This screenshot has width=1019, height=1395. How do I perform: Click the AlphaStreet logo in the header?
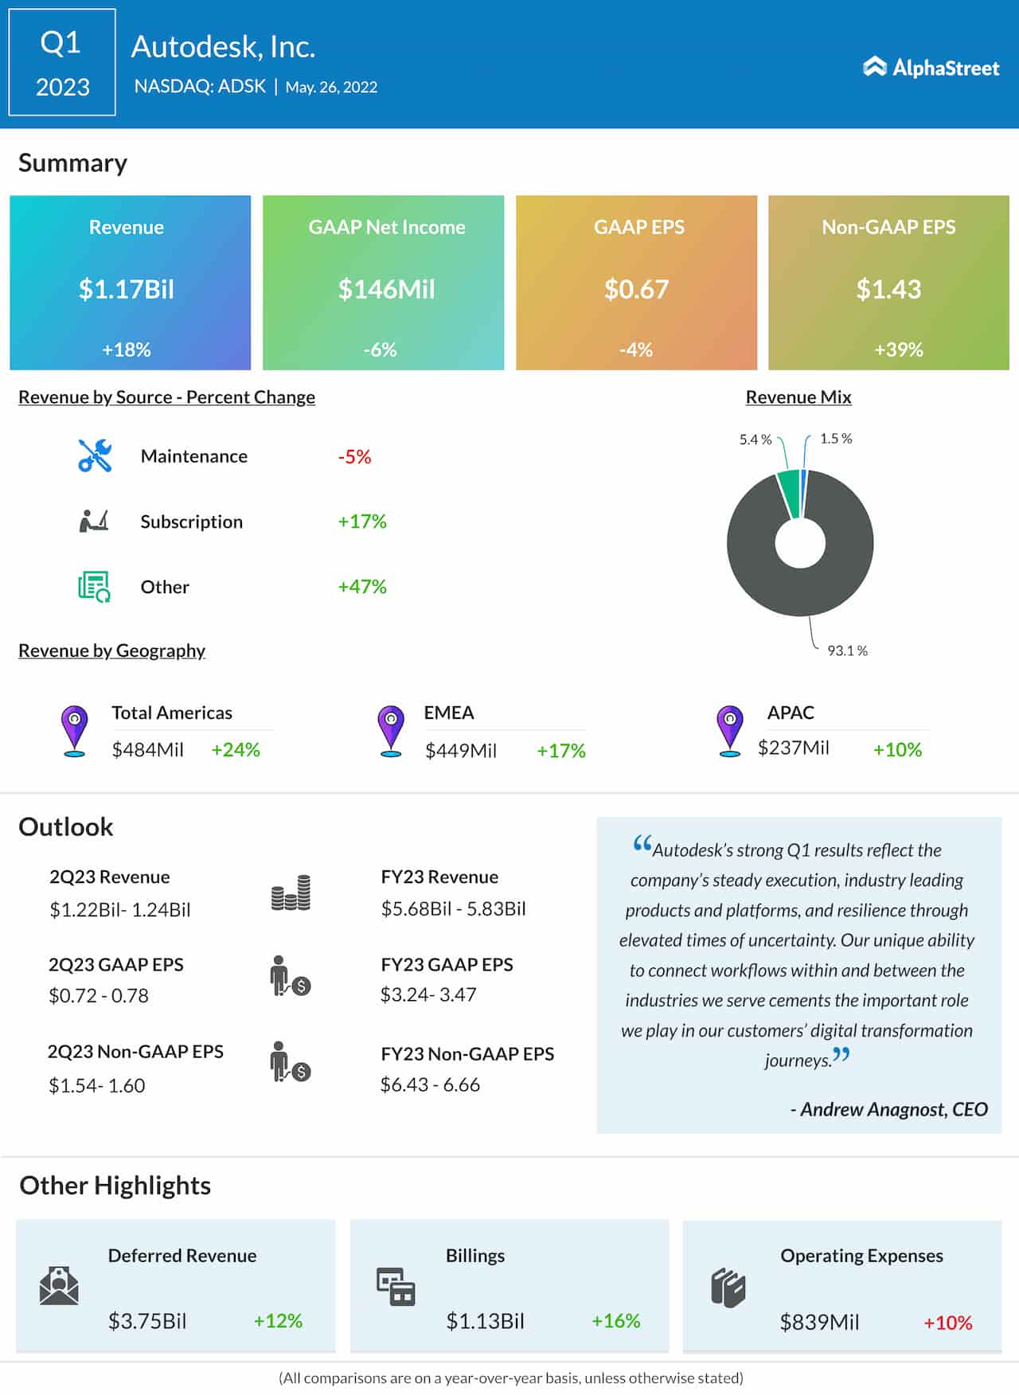(x=931, y=68)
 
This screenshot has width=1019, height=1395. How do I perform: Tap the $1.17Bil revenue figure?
(x=126, y=289)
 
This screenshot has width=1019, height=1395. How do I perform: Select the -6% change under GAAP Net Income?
(x=380, y=350)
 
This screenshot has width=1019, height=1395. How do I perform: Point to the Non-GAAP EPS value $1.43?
(x=888, y=289)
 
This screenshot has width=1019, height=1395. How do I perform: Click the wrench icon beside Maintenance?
(x=95, y=456)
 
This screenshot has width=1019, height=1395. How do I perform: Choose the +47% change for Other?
(x=362, y=587)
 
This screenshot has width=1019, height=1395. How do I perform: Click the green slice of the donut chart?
(x=789, y=492)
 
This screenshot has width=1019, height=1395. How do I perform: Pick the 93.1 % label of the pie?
(x=847, y=651)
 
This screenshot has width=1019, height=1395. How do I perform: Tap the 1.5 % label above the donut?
(x=836, y=439)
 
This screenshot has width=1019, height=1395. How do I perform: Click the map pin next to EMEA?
(x=391, y=729)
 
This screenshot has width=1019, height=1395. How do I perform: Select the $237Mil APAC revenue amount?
(x=793, y=748)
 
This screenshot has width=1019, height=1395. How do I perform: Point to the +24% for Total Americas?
(x=236, y=750)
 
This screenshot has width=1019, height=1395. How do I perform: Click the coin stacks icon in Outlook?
(x=291, y=893)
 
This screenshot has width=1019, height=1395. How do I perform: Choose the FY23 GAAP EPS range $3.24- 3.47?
(x=428, y=994)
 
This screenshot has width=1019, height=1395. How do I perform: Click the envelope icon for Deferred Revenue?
(x=59, y=1285)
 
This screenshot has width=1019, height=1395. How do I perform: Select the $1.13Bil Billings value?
(x=485, y=1322)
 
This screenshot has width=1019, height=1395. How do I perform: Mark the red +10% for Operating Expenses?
(x=947, y=1323)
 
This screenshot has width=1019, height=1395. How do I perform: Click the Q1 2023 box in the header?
(x=62, y=63)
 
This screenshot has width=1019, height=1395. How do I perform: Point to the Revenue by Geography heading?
(x=111, y=651)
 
